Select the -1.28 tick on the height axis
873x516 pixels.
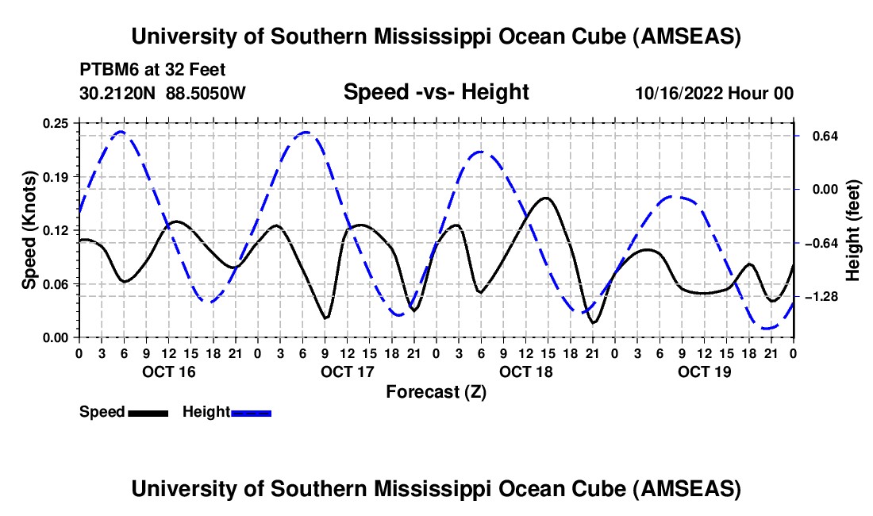(822, 296)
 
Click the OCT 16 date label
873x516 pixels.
(167, 372)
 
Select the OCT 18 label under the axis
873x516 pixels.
(525, 372)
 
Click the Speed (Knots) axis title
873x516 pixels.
(29, 230)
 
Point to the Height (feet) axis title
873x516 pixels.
(853, 230)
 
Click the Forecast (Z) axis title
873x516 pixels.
(436, 391)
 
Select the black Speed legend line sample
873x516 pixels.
(148, 412)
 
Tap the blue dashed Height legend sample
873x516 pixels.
(252, 412)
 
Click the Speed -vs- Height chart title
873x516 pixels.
(436, 92)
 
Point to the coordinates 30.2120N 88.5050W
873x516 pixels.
(163, 93)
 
